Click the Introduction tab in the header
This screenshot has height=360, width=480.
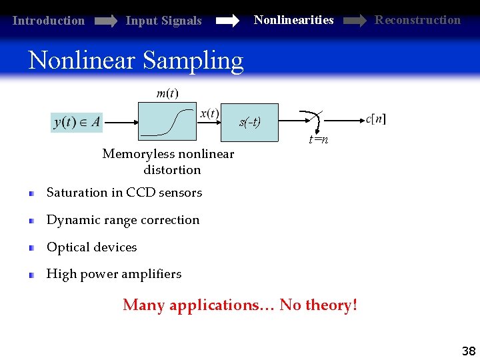(x=49, y=21)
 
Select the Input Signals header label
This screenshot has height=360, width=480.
(x=163, y=21)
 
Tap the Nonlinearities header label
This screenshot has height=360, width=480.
(x=293, y=20)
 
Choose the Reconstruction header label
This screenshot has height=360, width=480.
(x=417, y=20)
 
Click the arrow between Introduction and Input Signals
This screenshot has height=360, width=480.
(x=105, y=21)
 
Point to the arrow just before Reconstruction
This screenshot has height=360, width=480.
(x=354, y=21)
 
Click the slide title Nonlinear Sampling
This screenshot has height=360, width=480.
(x=136, y=60)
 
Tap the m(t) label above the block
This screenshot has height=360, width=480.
(x=167, y=93)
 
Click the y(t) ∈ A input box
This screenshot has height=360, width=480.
(x=77, y=121)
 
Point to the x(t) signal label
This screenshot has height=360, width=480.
(x=209, y=113)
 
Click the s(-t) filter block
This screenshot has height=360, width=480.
(x=250, y=123)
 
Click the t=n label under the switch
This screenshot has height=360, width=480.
(x=318, y=140)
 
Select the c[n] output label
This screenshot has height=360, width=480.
(x=376, y=119)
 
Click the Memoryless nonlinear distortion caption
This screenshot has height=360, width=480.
(x=168, y=162)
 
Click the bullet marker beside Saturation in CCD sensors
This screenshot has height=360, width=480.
(x=31, y=193)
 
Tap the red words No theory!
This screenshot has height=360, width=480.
(x=318, y=305)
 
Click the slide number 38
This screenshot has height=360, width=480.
(x=468, y=351)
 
